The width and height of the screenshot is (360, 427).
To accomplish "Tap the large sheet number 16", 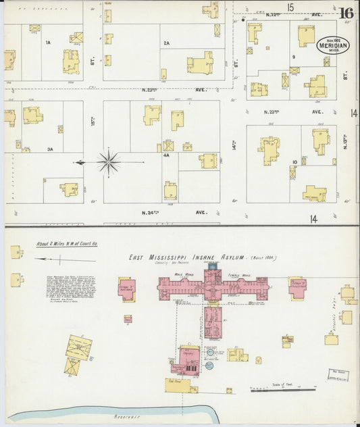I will click(x=346, y=13).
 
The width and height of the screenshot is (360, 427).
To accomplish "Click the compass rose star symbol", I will click(x=108, y=162).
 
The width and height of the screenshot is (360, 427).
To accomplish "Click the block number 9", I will click(x=294, y=57).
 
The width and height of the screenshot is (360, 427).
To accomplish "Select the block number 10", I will click(x=294, y=162).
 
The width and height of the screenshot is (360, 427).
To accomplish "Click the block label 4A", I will click(x=165, y=154).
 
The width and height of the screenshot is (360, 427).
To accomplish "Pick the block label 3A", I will click(x=49, y=149).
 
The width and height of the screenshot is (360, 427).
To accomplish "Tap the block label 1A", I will click(x=48, y=43).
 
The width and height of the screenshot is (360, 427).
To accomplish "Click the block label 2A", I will click(x=166, y=43).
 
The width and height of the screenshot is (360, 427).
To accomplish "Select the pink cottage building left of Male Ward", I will click(x=127, y=287).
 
